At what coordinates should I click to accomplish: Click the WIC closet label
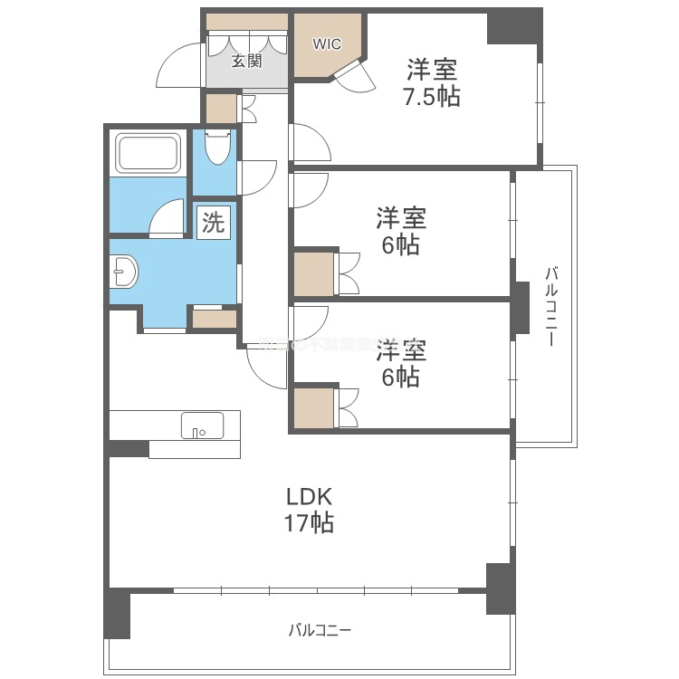(327, 43)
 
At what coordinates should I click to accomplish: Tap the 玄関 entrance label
(244, 61)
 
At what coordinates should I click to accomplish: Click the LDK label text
(311, 496)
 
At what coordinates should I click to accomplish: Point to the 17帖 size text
(311, 522)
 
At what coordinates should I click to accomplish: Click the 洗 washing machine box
(213, 223)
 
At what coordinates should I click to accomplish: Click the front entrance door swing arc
(178, 68)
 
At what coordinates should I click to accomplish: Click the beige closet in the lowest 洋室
(313, 406)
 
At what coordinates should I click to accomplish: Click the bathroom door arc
(167, 220)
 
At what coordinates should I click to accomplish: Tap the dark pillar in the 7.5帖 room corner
(512, 26)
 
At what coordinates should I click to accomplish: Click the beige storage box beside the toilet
(219, 109)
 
